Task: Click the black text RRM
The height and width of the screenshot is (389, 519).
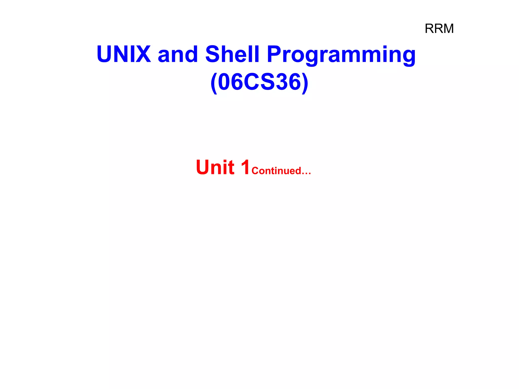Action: point(439,29)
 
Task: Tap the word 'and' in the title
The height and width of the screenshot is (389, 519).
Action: point(178,54)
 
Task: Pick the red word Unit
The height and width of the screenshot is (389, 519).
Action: point(215,167)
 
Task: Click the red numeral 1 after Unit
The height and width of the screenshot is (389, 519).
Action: point(245,167)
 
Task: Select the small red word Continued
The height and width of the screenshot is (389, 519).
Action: point(276,171)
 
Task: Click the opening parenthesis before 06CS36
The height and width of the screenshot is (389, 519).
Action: point(214,82)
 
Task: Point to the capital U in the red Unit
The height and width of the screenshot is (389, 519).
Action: point(204,167)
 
